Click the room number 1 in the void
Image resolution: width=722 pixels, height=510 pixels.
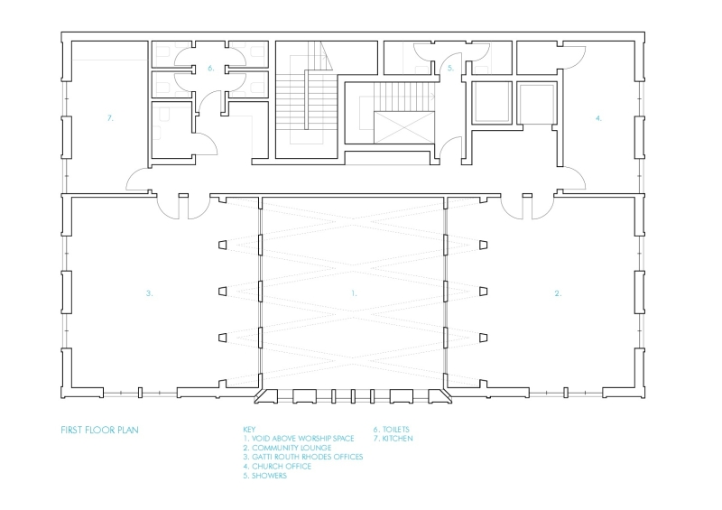click(354, 293)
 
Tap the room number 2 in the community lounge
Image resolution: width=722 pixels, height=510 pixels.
click(557, 293)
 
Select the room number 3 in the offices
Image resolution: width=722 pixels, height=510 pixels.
click(150, 293)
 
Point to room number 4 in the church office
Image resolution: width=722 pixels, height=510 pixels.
click(597, 117)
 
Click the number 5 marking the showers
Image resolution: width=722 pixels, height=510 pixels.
click(449, 68)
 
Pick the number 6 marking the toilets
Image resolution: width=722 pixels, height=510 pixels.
click(210, 68)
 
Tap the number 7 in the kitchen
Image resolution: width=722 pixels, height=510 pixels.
click(109, 117)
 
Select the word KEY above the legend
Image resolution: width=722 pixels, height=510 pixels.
click(250, 430)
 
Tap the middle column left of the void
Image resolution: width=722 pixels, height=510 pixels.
click(222, 291)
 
